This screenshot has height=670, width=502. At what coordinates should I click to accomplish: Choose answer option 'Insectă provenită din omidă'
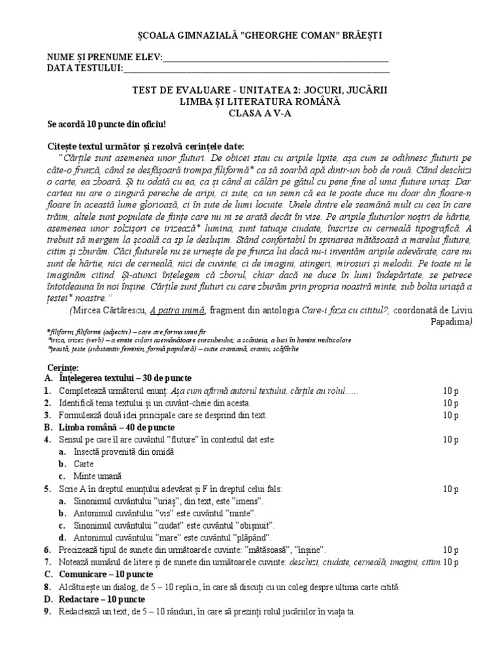point(125,451)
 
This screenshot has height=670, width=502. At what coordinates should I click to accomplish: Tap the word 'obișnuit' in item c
point(249,525)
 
